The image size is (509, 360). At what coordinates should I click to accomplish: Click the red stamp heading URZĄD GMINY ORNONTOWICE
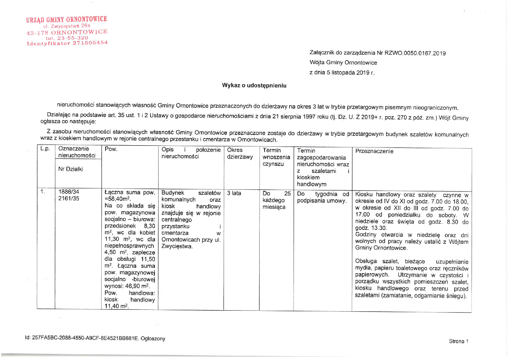coord(67,20)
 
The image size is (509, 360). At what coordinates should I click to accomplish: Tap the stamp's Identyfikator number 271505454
coord(90,43)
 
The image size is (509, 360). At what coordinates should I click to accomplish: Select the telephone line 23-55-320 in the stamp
coord(73,38)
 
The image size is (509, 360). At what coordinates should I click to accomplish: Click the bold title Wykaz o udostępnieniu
coord(254,85)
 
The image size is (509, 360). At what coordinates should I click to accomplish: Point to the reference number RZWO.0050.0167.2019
coord(415,53)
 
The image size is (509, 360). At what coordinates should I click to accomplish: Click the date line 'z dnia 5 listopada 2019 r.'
coord(342,73)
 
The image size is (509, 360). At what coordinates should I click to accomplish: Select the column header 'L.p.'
coord(45,149)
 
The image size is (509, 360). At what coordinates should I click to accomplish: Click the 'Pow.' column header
coord(111,149)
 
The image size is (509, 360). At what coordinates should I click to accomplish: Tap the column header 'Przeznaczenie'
coord(374,151)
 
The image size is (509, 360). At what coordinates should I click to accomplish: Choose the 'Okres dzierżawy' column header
coord(240,153)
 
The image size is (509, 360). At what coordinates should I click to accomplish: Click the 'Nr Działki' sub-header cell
coord(71,169)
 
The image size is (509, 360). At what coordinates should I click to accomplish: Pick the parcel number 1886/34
coord(69,192)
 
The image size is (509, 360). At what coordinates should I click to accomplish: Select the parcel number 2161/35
coord(69,198)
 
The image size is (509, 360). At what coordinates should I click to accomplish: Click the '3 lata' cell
coord(234,193)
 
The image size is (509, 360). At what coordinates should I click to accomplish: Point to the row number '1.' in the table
coord(43,191)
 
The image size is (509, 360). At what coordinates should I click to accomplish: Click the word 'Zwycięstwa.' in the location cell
coord(177,246)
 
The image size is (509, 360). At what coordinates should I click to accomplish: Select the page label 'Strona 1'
coord(458,341)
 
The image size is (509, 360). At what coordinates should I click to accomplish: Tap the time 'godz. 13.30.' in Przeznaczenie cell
coord(371,228)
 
